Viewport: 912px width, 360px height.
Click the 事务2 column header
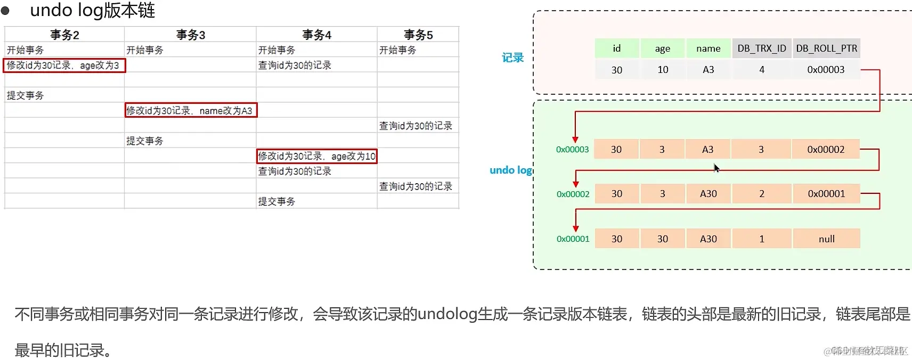click(64, 35)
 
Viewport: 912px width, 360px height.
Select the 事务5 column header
click(418, 35)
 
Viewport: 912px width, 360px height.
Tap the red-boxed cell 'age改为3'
click(64, 66)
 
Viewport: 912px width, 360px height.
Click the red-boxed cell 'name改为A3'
click(190, 110)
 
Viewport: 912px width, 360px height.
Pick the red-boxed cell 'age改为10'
click(316, 156)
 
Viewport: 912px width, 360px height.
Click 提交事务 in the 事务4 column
click(276, 201)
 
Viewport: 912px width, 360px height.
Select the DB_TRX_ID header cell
click(762, 48)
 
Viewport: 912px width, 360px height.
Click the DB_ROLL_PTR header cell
click(826, 48)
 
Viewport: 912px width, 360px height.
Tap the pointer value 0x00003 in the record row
click(826, 70)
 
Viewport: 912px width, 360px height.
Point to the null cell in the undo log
click(826, 239)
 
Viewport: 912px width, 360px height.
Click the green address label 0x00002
click(573, 194)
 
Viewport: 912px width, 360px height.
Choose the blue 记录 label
click(512, 58)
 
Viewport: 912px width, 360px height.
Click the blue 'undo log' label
click(510, 170)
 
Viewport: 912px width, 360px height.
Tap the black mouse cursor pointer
click(716, 168)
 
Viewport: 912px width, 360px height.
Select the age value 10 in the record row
click(663, 70)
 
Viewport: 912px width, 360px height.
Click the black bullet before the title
click(5, 11)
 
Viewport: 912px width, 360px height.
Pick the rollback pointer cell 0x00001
click(826, 194)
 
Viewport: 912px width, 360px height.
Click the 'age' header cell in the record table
click(663, 48)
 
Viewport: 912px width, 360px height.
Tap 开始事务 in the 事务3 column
click(145, 50)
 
